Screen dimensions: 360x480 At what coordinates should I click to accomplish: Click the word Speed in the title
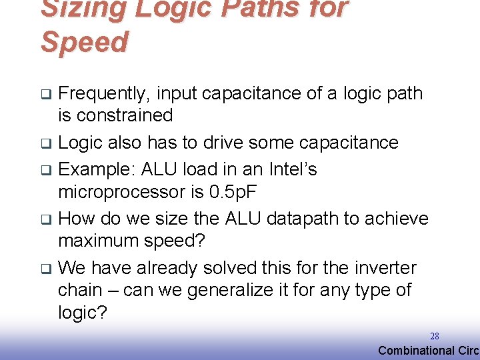point(84,42)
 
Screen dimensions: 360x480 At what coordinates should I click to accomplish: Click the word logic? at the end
point(83,313)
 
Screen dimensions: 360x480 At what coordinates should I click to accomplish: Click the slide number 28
point(434,337)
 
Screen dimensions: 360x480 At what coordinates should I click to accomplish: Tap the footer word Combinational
point(416,351)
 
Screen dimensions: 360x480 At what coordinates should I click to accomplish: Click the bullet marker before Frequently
point(45,94)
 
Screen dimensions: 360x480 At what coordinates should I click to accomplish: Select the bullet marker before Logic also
point(45,143)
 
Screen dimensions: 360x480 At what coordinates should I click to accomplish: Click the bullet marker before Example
point(45,170)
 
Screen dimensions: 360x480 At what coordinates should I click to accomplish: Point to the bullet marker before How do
point(45,219)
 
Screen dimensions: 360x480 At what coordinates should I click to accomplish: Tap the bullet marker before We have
point(45,269)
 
